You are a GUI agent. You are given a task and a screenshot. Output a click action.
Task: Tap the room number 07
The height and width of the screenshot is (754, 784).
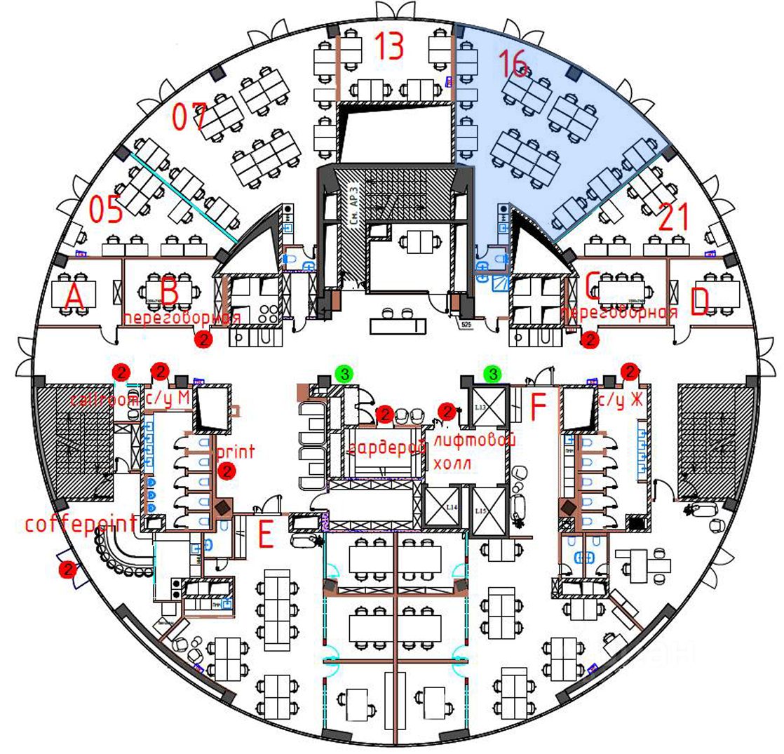coord(190,116)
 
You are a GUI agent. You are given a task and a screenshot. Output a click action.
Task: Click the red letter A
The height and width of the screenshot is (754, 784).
coord(74,298)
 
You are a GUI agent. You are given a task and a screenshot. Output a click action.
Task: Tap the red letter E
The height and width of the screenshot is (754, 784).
coord(265,536)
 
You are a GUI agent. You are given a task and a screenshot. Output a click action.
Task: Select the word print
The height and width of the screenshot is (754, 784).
coord(236,450)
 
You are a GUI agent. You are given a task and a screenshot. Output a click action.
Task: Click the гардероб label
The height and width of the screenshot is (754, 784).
coord(387,447)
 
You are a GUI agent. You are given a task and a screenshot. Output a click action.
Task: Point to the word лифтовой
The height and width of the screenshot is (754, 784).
coord(475,440)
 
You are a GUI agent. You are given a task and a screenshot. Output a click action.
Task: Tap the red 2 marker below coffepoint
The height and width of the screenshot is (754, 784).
coord(68,570)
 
